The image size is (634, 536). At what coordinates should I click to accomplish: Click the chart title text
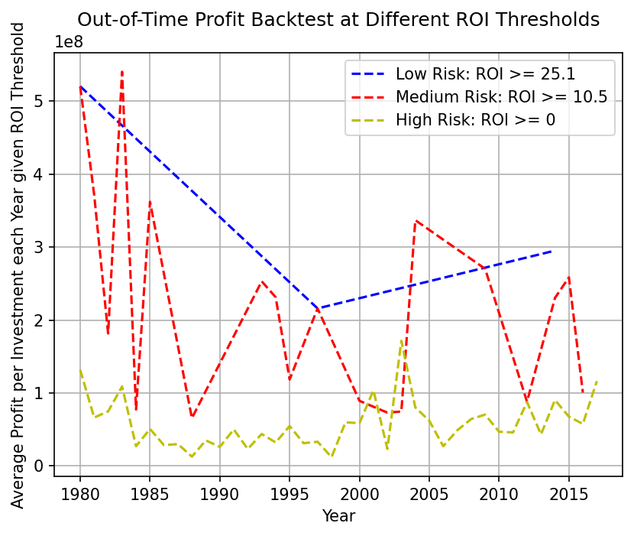[x=338, y=20]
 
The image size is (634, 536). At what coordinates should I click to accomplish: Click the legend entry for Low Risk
[x=485, y=75]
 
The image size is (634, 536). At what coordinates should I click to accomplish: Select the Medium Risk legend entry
[x=501, y=97]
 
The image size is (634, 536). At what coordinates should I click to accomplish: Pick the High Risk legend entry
[x=475, y=119]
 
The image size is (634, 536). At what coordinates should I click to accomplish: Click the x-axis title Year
[x=338, y=516]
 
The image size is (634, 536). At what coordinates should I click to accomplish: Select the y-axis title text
[x=18, y=265]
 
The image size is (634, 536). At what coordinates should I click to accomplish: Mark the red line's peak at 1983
[x=122, y=71]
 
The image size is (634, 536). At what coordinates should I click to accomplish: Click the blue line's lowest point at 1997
[x=318, y=308]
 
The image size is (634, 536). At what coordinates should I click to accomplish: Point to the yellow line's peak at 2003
[x=401, y=340]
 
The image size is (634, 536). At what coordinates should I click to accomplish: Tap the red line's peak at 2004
[x=416, y=221]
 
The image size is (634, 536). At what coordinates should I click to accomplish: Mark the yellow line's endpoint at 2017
[x=597, y=381]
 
